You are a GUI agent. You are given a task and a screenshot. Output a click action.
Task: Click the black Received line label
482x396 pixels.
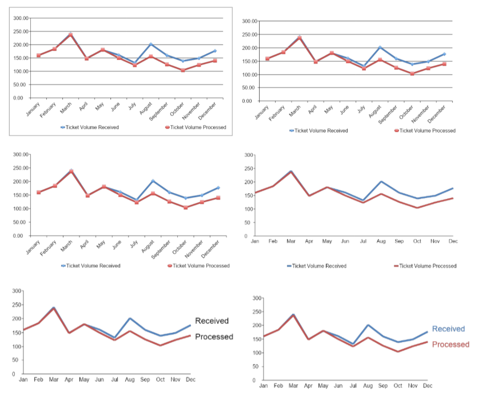coord(212,321)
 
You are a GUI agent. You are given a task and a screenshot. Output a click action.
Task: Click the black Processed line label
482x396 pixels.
coord(214,337)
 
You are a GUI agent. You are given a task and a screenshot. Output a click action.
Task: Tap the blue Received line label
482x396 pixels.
coord(448,329)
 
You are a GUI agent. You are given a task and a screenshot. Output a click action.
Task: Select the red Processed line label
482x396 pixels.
coord(451,345)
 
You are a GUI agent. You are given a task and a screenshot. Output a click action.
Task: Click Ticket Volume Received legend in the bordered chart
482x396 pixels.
coord(92,127)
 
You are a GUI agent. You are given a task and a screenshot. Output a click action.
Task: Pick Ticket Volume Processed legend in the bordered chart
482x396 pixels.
coord(198,127)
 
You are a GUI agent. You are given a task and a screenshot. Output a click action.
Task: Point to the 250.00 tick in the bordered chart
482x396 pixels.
coord(21,31)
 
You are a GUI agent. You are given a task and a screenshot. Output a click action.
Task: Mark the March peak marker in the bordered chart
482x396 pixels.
coord(70,34)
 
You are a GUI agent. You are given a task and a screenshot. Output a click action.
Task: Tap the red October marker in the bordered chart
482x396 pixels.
coord(183,70)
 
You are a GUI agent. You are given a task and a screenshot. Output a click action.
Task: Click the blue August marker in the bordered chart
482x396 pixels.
coord(151,44)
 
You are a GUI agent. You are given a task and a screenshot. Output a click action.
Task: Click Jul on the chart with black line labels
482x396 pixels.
coord(115,379)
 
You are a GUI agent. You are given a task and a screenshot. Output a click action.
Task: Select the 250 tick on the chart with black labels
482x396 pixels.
coord(17,305)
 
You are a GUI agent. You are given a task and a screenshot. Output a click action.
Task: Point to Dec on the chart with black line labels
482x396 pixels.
coord(190,379)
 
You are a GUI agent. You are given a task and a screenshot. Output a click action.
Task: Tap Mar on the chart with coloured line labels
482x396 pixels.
coord(293,386)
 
